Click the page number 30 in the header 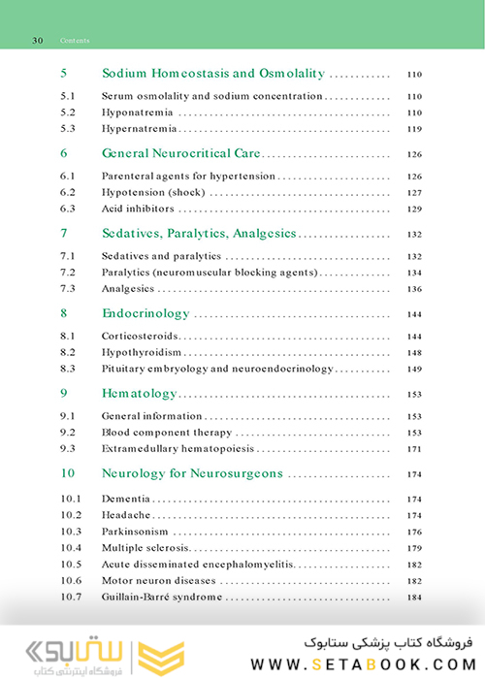(37, 42)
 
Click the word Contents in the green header (75, 42)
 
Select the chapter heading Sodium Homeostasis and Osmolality (212, 73)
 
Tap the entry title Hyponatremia (134, 113)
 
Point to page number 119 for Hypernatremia (414, 128)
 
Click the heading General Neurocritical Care (180, 153)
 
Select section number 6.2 (67, 192)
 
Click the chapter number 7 (63, 233)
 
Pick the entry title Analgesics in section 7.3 (128, 288)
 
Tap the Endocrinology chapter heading (145, 313)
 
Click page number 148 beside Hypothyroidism (414, 352)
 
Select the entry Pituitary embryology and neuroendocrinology (217, 369)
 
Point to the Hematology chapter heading (139, 393)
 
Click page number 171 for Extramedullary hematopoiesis (414, 448)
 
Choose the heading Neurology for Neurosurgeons (192, 473)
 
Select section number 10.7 (70, 597)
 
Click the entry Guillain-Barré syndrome (161, 597)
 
